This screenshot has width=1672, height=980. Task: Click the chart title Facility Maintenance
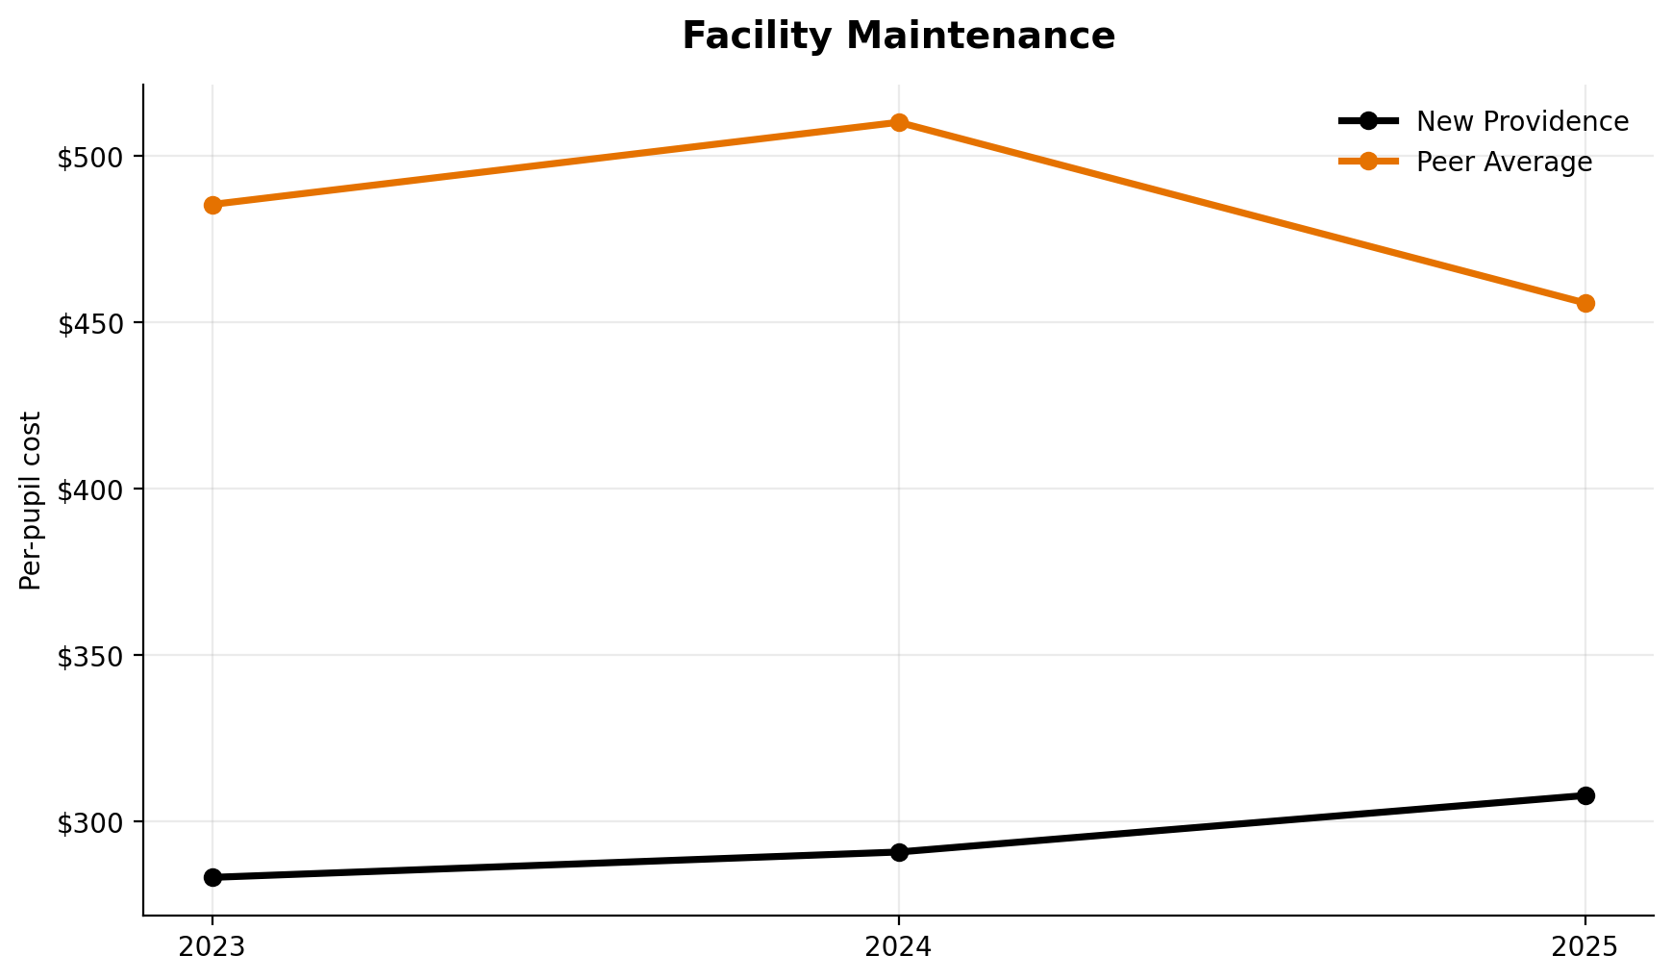[898, 37]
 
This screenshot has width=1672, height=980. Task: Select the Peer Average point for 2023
[212, 205]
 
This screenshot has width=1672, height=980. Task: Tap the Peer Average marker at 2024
[899, 122]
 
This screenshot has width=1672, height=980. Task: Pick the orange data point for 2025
[1585, 303]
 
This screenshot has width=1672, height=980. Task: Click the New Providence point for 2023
[212, 877]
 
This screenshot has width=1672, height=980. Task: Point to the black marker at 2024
[899, 852]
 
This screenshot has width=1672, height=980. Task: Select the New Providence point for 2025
[1585, 795]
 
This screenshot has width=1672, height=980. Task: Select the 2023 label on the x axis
[212, 947]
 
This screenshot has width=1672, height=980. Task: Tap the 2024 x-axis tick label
[899, 947]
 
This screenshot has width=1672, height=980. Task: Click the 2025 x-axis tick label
[1585, 947]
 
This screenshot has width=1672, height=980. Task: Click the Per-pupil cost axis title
[32, 500]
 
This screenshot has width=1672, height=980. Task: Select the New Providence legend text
[1522, 122]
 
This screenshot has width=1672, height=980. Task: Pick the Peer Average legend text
[1504, 163]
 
